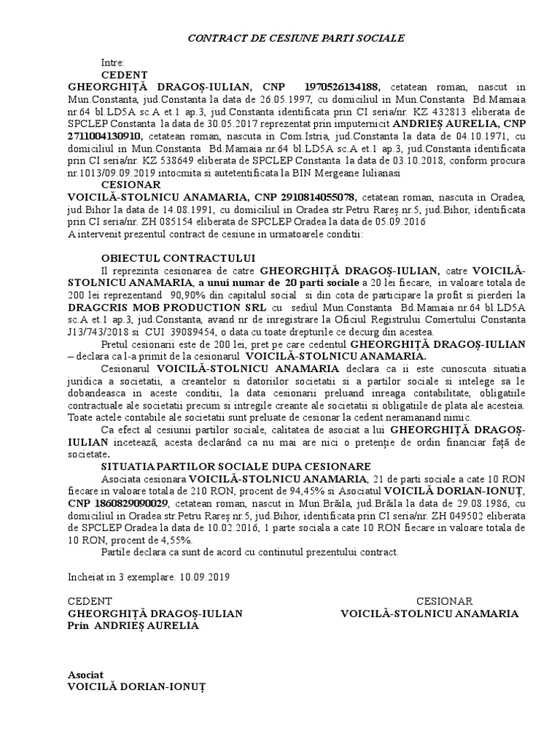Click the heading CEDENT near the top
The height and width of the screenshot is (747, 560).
point(124,75)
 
